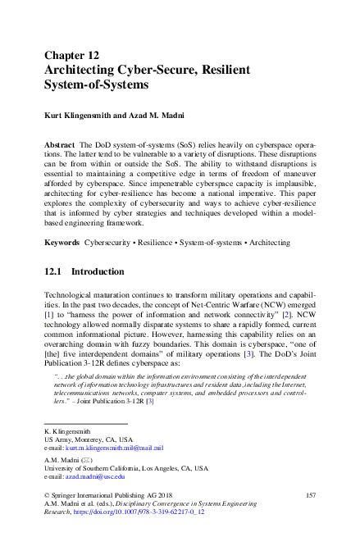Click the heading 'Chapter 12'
click(x=73, y=56)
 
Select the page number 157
click(x=310, y=496)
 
